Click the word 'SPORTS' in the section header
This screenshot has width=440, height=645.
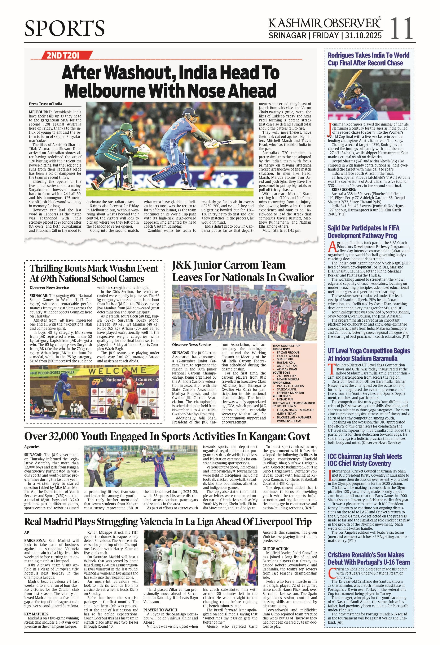click(64, 28)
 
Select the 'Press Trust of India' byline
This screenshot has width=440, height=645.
click(45, 104)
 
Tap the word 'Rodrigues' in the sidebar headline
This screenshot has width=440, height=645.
click(346, 55)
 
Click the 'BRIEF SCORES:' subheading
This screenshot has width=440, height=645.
click(344, 190)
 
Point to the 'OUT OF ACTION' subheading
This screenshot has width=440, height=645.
click(276, 549)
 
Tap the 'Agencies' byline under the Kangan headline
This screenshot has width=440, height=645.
click(32, 447)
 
